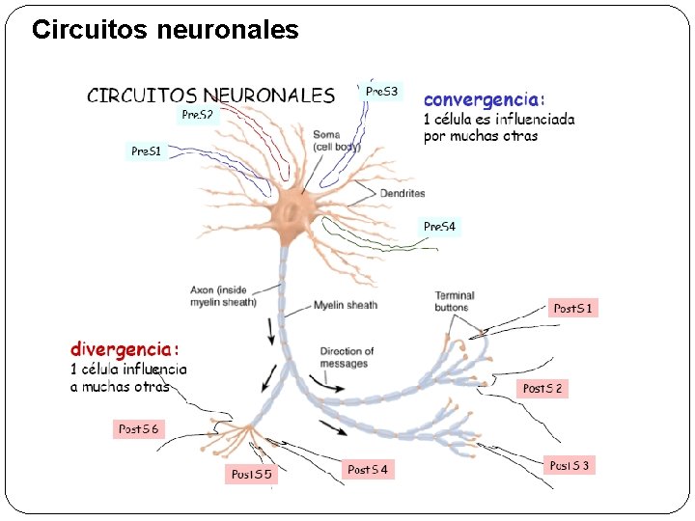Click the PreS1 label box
tap(147, 151)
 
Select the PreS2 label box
tap(198, 115)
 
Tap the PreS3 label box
tap(381, 92)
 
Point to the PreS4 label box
tap(439, 227)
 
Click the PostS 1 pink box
tap(573, 309)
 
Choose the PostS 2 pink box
tap(542, 388)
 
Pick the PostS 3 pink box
tap(570, 466)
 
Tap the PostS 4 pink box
tap(368, 470)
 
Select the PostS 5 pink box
tap(252, 474)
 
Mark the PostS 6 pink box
tap(138, 428)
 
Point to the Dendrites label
tap(403, 193)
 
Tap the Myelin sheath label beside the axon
tap(345, 306)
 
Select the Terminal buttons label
tap(454, 301)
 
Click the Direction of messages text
tap(347, 357)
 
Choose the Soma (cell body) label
tap(336, 141)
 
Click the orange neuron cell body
tap(289, 211)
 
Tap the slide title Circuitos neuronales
tap(165, 30)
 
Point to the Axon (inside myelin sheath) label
tap(223, 295)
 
